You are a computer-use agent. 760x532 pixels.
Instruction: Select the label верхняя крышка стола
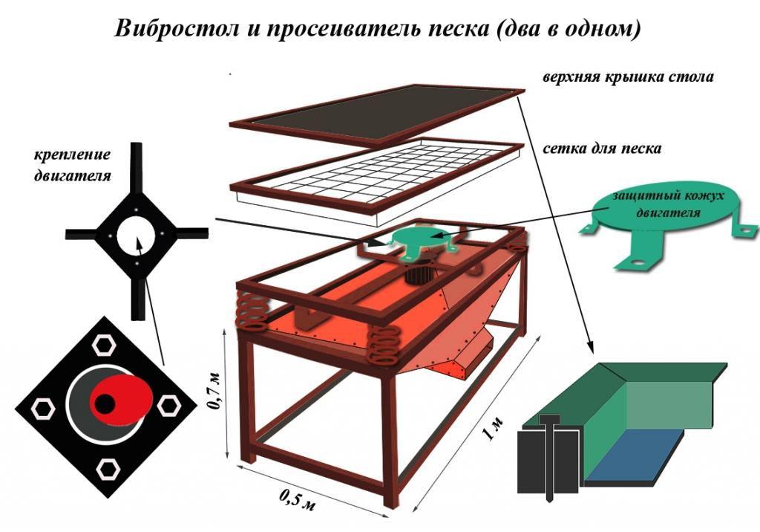pos(628,77)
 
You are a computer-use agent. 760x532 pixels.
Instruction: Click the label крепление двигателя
pos(72,165)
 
